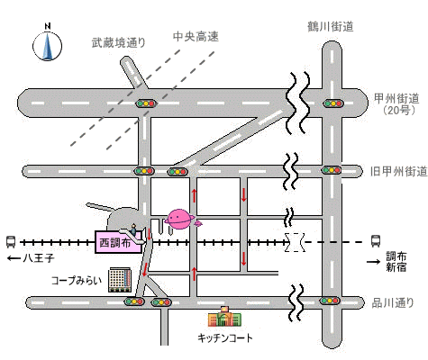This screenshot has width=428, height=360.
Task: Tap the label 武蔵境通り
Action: (119, 42)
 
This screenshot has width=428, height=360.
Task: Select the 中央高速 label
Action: (196, 37)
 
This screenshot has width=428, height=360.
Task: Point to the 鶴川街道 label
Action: (331, 27)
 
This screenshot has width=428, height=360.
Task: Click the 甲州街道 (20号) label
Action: (396, 103)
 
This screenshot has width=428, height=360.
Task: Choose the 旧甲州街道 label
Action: (399, 171)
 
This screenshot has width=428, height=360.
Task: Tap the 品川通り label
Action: (393, 303)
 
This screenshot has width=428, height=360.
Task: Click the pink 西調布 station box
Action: (118, 242)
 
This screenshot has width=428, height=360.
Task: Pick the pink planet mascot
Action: (180, 220)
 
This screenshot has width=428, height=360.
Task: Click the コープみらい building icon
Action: (120, 280)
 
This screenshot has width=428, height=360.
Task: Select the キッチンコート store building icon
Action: (224, 317)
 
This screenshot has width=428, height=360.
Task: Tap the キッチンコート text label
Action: (225, 338)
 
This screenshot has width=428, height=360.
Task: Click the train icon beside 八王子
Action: (11, 242)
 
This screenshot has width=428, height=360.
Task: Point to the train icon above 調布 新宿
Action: (376, 241)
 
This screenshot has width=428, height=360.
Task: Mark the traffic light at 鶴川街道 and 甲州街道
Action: (333, 103)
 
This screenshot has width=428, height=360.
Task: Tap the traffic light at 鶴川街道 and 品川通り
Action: (330, 301)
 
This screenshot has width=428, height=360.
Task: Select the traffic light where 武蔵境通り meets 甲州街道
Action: (146, 103)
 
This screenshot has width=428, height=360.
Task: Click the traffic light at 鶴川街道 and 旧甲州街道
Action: (332, 170)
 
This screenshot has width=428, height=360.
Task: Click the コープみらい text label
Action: (77, 281)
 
